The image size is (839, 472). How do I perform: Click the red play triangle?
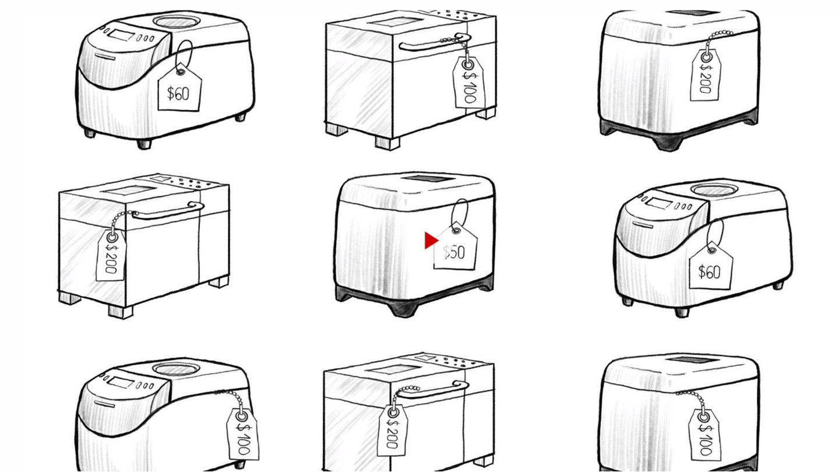click(431, 241)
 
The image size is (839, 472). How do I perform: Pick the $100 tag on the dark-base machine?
click(705, 435)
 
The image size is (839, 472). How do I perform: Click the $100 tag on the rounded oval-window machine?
click(243, 434)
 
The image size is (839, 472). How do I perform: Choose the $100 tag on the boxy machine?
click(468, 82)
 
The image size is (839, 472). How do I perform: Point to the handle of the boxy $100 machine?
click(435, 43)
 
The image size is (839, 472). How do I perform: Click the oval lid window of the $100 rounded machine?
click(176, 369)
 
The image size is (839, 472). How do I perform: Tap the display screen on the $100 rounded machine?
click(121, 383)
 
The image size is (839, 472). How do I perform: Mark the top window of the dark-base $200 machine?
click(692, 13)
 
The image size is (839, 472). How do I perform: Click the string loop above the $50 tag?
click(460, 212)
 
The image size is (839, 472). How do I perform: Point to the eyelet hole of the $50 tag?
click(456, 231)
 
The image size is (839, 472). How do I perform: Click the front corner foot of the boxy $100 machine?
click(387, 143)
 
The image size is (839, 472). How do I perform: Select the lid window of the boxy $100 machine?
click(394, 22)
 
